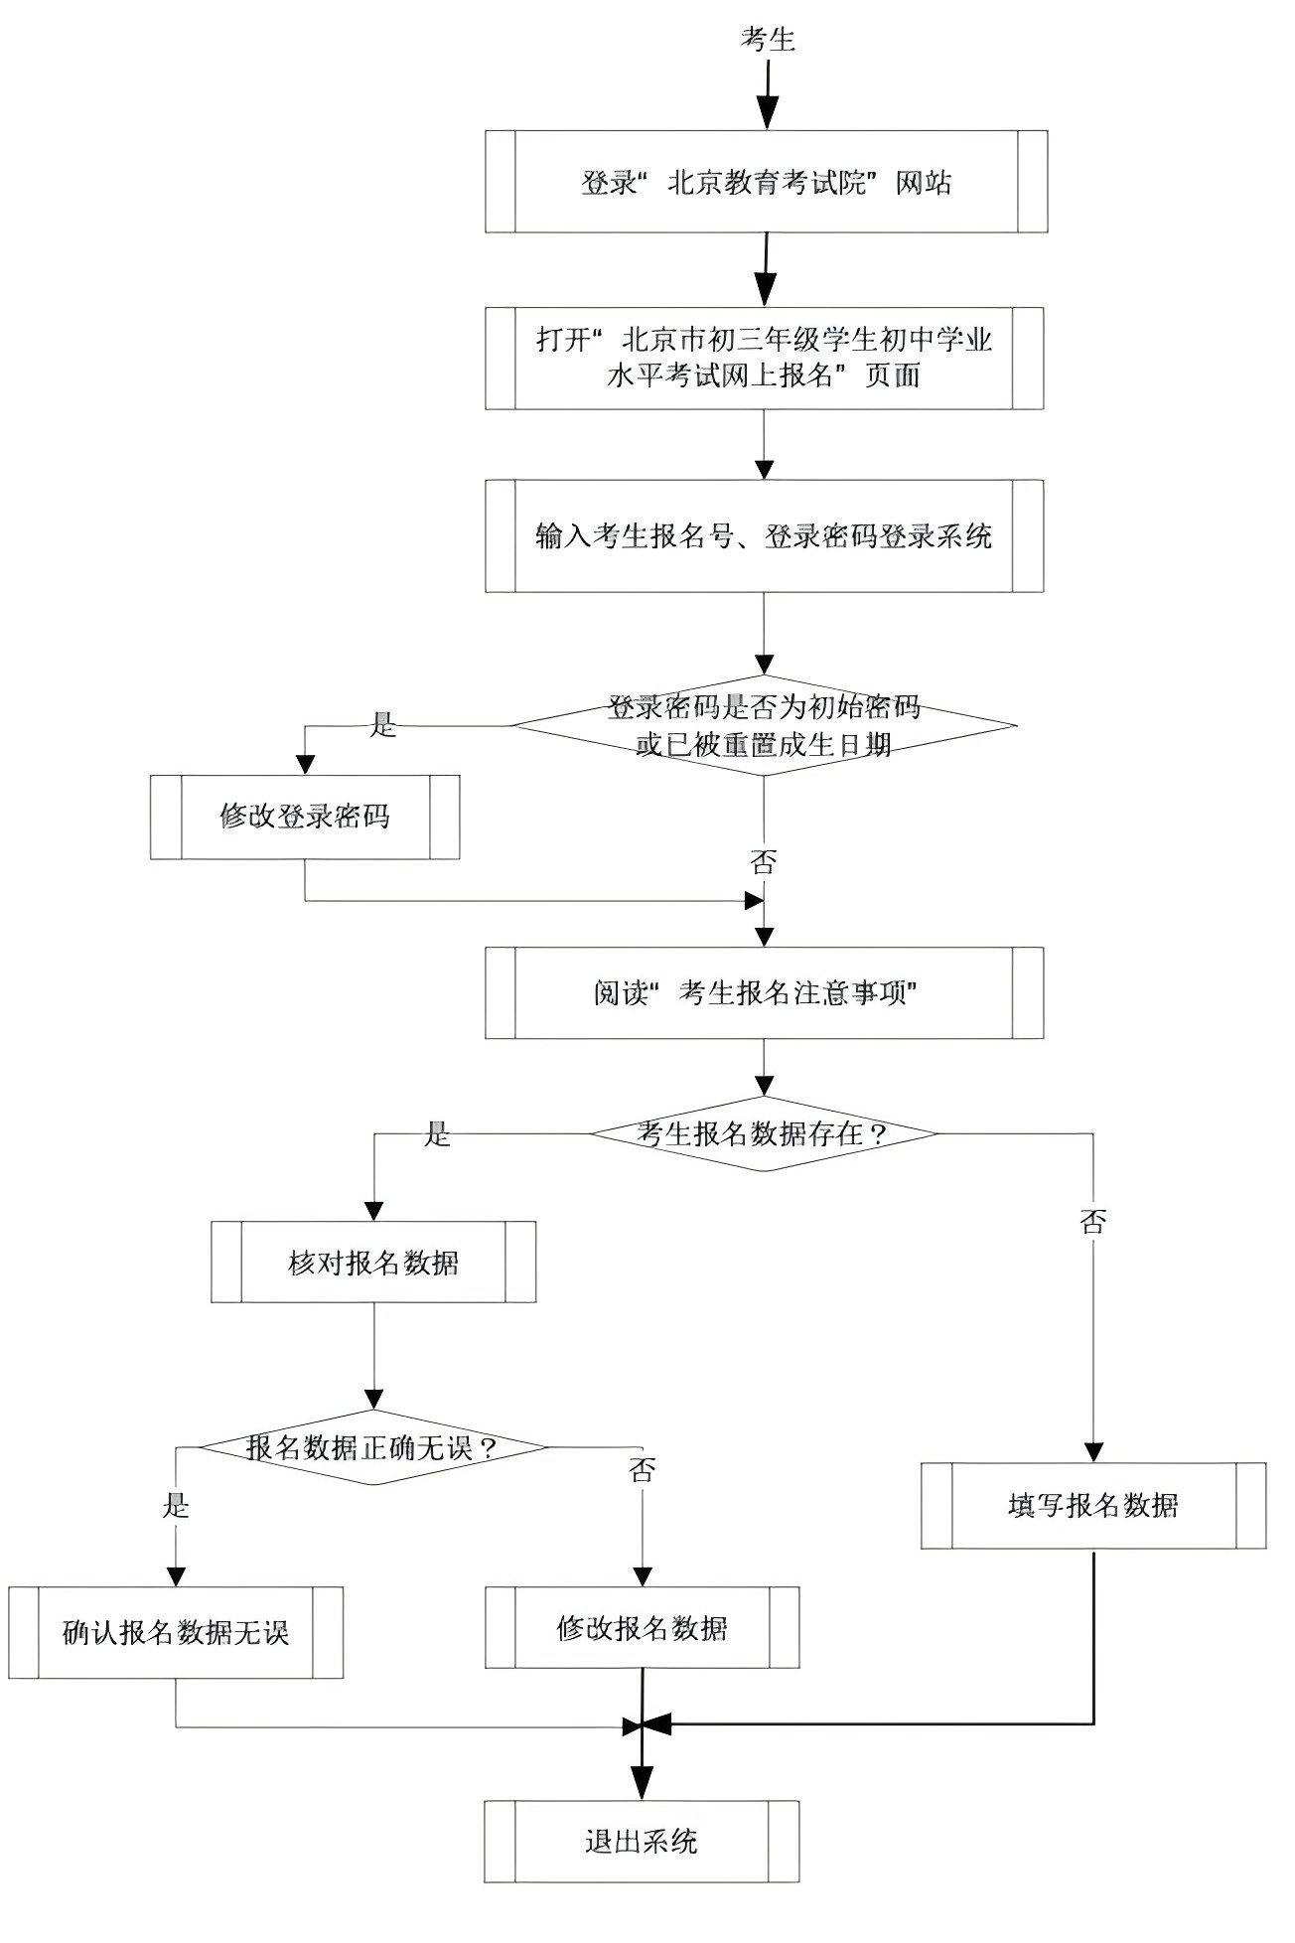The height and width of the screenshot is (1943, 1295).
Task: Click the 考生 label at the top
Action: (768, 40)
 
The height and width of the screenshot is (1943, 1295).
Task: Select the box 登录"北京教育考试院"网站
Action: (766, 182)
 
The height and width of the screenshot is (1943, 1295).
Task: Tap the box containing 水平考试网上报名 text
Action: (764, 358)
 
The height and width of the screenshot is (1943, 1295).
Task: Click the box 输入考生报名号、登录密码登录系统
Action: (764, 536)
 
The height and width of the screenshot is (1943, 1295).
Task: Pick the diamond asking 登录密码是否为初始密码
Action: (764, 726)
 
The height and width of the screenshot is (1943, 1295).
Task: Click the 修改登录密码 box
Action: (305, 817)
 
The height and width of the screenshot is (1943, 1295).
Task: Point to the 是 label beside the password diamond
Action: (383, 725)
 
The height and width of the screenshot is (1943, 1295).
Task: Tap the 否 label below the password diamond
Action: (763, 861)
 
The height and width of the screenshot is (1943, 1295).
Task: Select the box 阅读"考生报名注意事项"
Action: (764, 992)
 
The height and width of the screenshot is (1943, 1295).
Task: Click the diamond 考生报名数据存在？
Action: (764, 1133)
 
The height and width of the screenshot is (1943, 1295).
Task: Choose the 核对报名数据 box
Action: (373, 1263)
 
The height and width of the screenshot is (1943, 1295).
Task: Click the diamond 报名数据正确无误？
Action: (373, 1447)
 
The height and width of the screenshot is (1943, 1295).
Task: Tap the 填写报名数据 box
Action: (1093, 1506)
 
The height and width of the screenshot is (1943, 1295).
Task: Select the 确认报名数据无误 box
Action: (176, 1633)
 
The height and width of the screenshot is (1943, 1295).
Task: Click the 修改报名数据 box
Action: (642, 1628)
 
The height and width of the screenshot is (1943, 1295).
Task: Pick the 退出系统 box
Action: (642, 1841)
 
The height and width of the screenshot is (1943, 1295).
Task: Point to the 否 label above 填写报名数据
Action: (1092, 1222)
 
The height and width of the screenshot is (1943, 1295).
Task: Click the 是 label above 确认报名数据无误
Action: (176, 1506)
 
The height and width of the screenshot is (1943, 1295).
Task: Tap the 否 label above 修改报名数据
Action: (643, 1470)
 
